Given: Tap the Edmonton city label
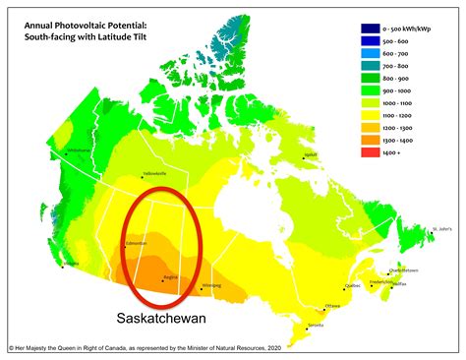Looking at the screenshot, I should coord(136,242).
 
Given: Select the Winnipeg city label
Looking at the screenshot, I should coord(211,286).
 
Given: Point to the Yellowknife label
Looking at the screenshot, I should coord(156,173).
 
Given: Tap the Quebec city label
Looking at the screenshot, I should coord(351,286).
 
